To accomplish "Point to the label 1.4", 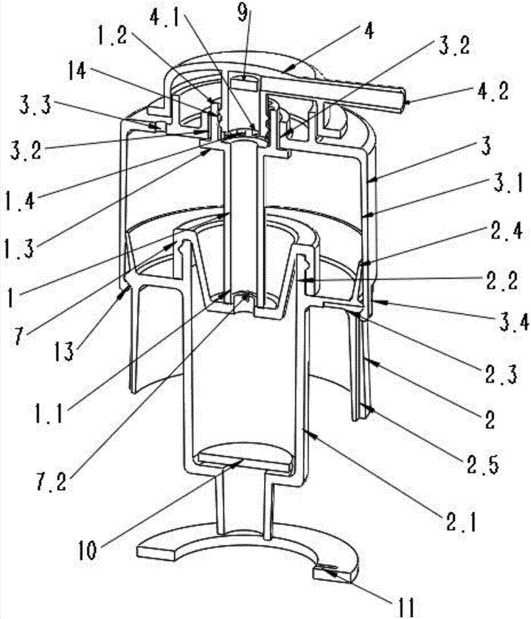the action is pyautogui.click(x=20, y=200).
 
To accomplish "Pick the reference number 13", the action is pyautogui.click(x=63, y=350).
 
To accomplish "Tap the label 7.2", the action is pyautogui.click(x=52, y=480).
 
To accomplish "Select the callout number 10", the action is pyautogui.click(x=86, y=550).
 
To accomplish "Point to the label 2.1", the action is pyautogui.click(x=461, y=522).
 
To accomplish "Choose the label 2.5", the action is pyautogui.click(x=482, y=464).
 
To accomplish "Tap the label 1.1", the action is pyautogui.click(x=48, y=413).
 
